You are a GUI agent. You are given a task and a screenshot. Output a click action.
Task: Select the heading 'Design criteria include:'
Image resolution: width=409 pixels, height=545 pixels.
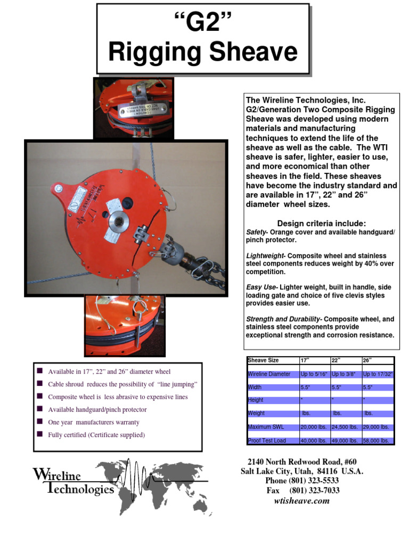pyautogui.click(x=321, y=223)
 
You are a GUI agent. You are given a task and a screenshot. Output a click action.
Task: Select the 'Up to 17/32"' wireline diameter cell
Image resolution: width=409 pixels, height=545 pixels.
pyautogui.click(x=378, y=374)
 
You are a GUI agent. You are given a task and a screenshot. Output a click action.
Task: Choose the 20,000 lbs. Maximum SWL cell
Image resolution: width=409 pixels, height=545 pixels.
pyautogui.click(x=314, y=427)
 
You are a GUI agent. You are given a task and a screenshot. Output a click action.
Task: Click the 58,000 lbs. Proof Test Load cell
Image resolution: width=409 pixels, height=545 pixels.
pyautogui.click(x=378, y=441)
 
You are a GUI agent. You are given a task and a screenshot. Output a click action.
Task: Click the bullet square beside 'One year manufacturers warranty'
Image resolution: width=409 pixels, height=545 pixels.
pyautogui.click(x=40, y=422)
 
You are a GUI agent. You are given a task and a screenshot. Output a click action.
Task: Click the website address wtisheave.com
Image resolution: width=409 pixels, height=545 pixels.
pyautogui.click(x=302, y=501)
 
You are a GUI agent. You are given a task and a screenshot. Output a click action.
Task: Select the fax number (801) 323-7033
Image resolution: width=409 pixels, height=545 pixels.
pyautogui.click(x=314, y=491)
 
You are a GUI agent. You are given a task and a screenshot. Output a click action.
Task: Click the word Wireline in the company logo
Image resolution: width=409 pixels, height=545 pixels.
pyautogui.click(x=57, y=475)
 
